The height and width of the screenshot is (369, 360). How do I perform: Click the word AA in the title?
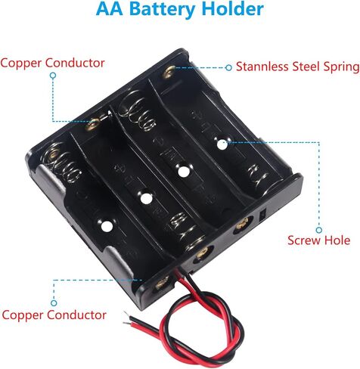pyautogui.click(x=109, y=8)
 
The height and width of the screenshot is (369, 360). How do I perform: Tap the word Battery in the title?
pyautogui.click(x=162, y=10)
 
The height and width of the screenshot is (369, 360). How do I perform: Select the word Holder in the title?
pyautogui.click(x=233, y=8)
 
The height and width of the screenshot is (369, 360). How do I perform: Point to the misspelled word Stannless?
pyautogui.click(x=262, y=67)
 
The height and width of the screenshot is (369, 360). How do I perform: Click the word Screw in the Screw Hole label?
pyautogui.click(x=304, y=240)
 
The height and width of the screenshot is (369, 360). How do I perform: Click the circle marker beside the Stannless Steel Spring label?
pyautogui.click(x=228, y=67)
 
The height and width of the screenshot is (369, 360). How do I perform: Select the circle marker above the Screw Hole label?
pyautogui.click(x=319, y=230)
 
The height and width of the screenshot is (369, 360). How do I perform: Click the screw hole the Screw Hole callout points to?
pyautogui.click(x=222, y=144)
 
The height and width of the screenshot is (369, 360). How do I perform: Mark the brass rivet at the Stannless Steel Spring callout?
pyautogui.click(x=169, y=72)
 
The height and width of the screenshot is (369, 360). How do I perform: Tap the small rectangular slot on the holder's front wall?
pyautogui.click(x=262, y=215)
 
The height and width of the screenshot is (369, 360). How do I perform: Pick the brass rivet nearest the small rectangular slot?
pyautogui.click(x=243, y=225)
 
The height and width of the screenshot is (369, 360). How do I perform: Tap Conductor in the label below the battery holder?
pyautogui.click(x=76, y=315)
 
